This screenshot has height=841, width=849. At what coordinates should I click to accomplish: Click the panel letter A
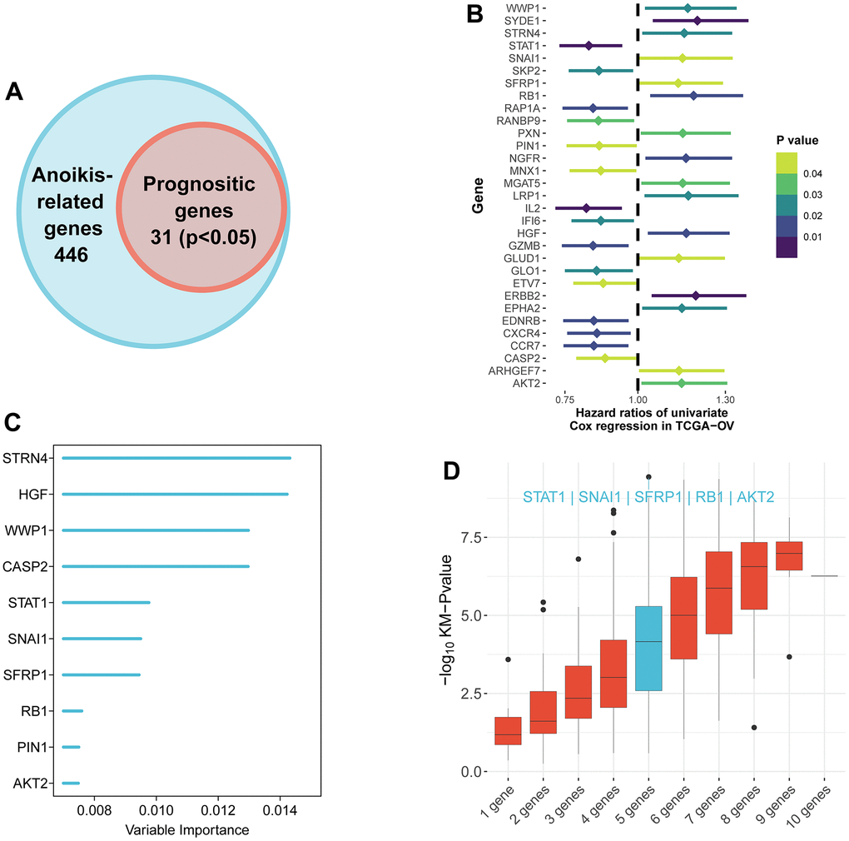14,91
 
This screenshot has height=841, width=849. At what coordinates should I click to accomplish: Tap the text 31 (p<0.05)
202,238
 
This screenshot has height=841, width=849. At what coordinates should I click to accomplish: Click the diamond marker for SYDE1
697,20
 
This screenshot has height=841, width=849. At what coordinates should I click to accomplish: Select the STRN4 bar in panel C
176,458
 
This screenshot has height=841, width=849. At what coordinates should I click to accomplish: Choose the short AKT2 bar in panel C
71,783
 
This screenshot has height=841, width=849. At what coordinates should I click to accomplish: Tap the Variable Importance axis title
186,830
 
